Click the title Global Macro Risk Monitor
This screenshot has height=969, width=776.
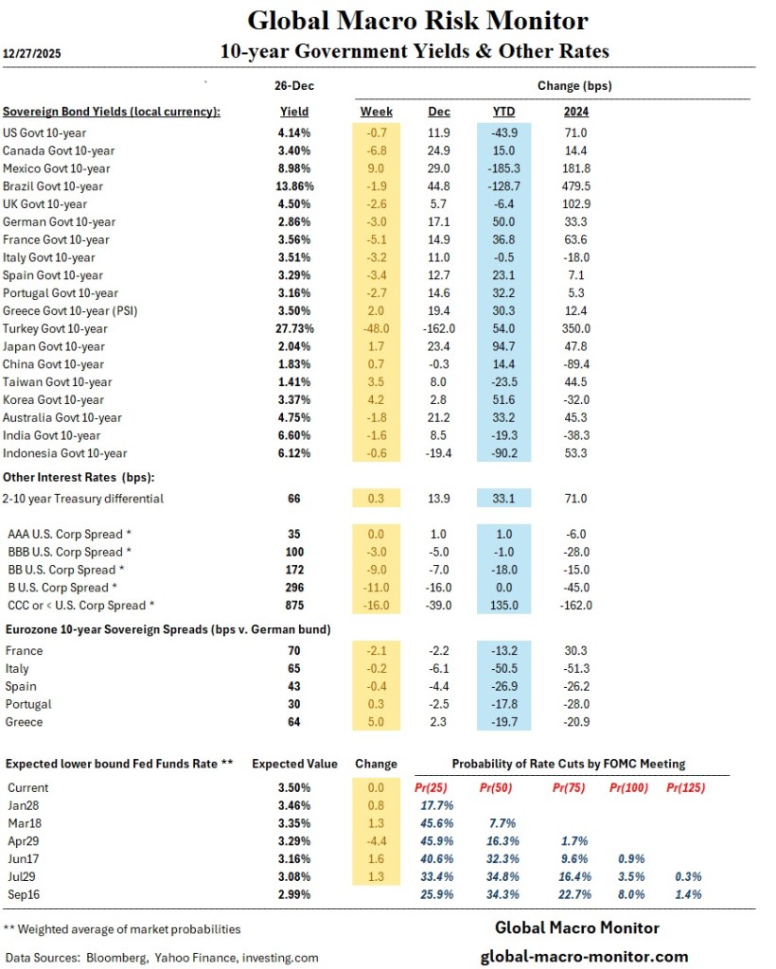[417, 21]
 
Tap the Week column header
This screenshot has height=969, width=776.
[377, 111]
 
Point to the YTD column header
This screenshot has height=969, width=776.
[503, 111]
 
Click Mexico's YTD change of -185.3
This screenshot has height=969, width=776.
[503, 168]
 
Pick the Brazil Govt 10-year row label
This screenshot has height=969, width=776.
[66, 186]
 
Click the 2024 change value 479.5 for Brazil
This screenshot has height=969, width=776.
[574, 186]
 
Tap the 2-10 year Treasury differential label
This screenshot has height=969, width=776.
[83, 499]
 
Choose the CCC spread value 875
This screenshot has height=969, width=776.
[293, 606]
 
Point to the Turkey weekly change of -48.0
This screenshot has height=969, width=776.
[377, 328]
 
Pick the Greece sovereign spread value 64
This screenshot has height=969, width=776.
[293, 722]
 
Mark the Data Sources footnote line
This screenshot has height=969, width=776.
[161, 958]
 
